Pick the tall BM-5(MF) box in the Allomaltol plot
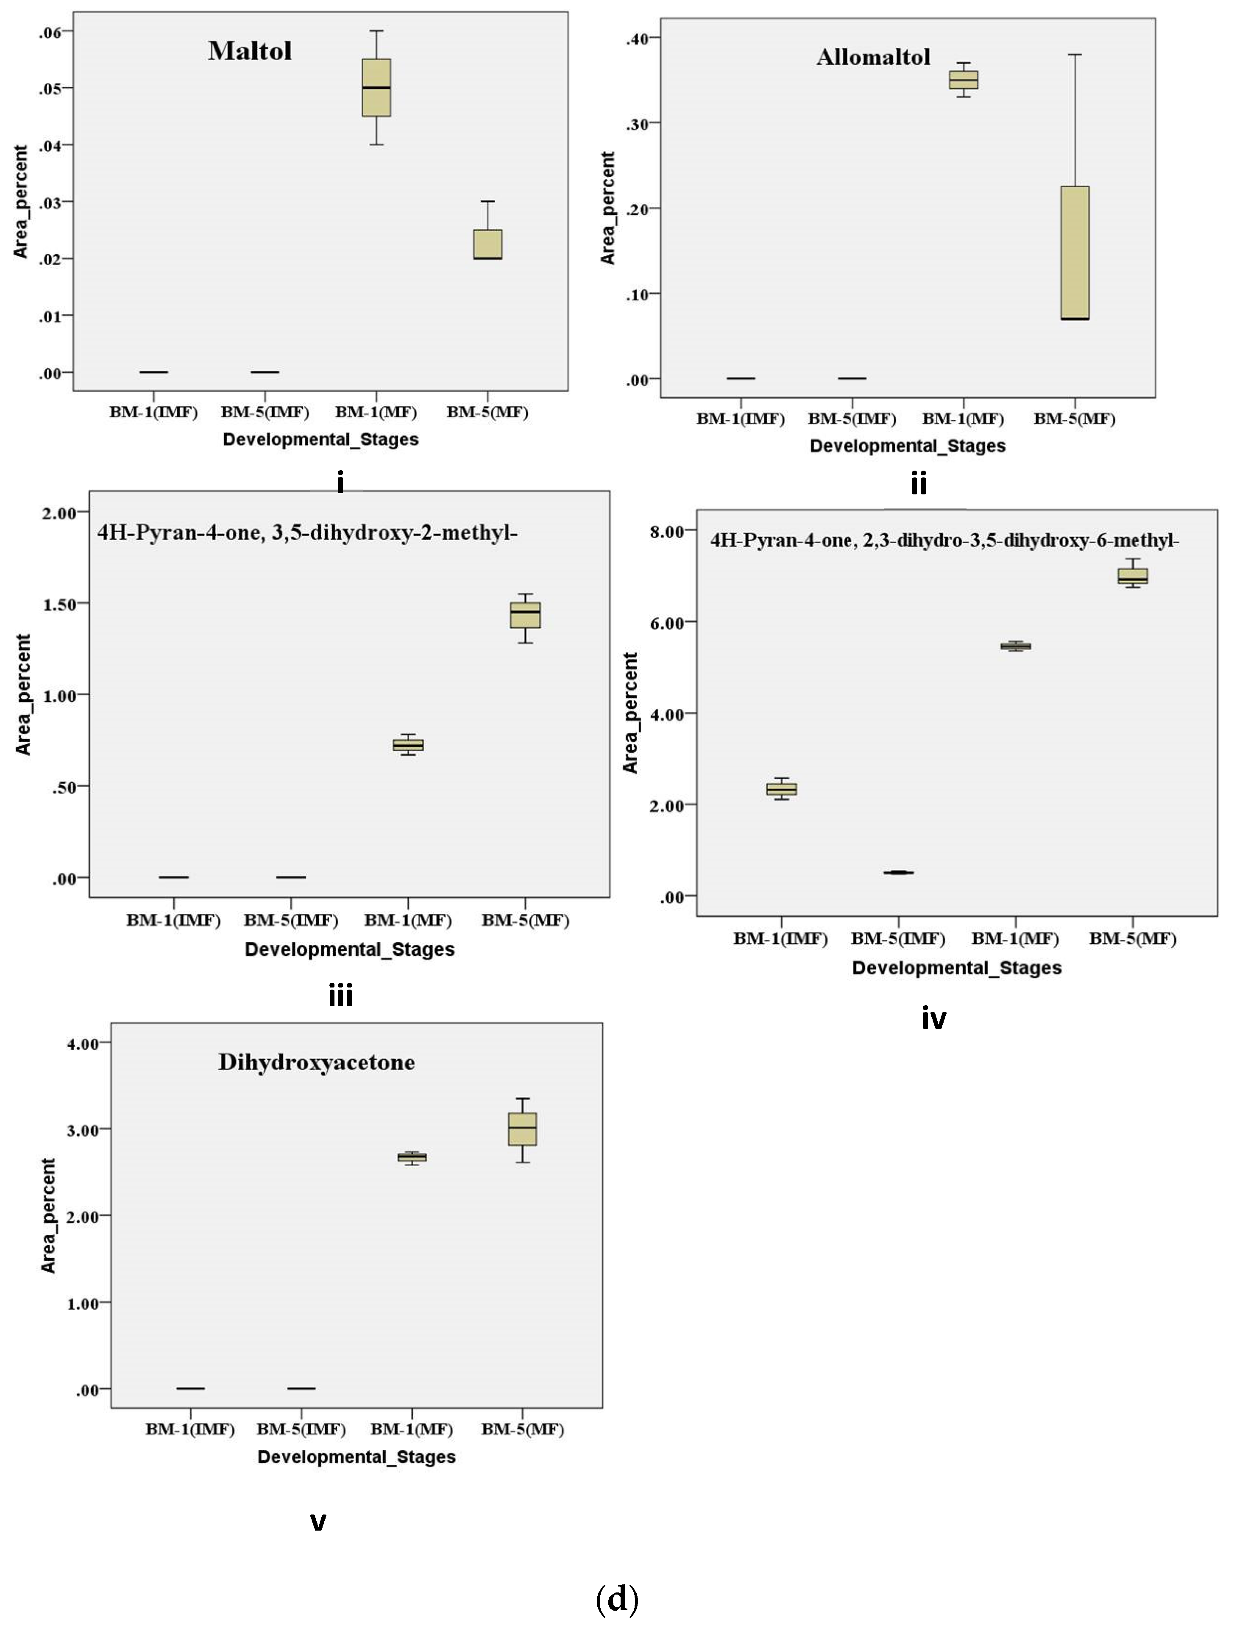pos(1075,252)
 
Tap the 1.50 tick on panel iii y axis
pos(61,604)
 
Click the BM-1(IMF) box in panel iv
pos(781,789)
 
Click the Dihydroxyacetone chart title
pos(316,1062)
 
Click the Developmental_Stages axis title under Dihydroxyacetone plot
pos(356,1457)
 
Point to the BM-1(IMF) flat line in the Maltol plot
pos(153,372)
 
